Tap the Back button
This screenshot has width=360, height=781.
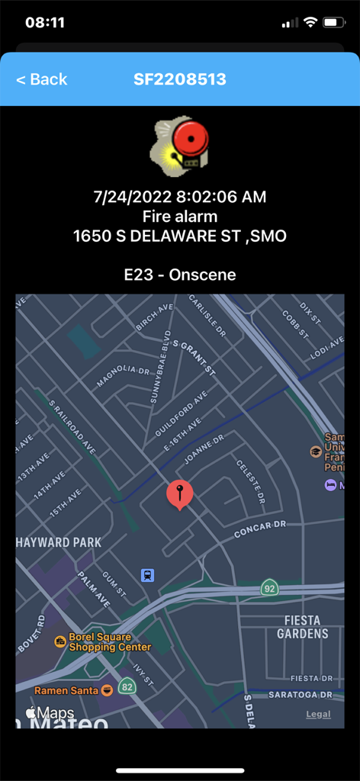41,79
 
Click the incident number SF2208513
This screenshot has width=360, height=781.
180,79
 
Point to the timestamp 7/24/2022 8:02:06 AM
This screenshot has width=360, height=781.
180,197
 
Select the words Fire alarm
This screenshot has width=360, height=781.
180,217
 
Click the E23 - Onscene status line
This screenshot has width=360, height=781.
180,275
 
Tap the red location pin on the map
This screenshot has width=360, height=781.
180,494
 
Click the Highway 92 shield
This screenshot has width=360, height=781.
268,588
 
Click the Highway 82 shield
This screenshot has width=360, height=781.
127,686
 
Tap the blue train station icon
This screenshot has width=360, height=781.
147,575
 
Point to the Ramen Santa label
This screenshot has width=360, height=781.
66,690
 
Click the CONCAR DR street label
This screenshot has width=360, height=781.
259,529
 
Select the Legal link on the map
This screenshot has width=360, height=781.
318,715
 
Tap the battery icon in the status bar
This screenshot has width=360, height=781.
333,22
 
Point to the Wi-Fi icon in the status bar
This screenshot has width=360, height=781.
310,22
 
